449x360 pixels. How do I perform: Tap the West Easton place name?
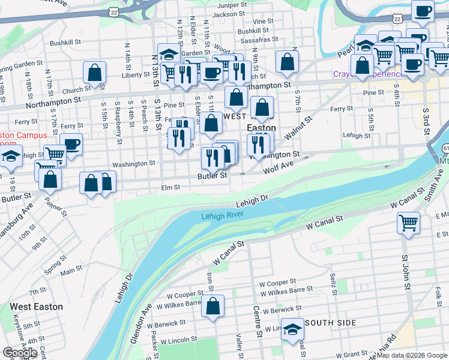pos(36,307)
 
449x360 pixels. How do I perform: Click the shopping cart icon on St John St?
pos(408,223)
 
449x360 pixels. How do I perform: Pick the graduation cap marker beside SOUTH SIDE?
pos(292,329)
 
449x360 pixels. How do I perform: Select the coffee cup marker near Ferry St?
pos(71,144)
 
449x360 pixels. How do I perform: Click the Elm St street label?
pos(170,188)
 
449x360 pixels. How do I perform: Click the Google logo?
pos(20,353)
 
